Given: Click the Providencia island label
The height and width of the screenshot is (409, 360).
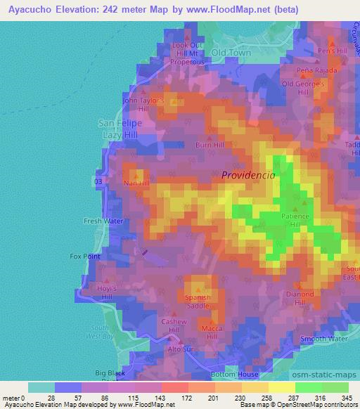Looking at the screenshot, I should pyautogui.click(x=248, y=176).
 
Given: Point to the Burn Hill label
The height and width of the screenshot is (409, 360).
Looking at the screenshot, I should pyautogui.click(x=210, y=145).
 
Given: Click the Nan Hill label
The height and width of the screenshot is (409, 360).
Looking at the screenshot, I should pyautogui.click(x=136, y=183).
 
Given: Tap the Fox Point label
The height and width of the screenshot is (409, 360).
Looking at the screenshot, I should pyautogui.click(x=85, y=256).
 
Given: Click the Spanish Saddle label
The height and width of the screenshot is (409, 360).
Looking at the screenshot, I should pyautogui.click(x=198, y=301).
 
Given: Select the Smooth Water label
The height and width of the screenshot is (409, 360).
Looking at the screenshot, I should pyautogui.click(x=324, y=339).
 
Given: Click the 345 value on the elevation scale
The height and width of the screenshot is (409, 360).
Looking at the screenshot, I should pyautogui.click(x=348, y=398).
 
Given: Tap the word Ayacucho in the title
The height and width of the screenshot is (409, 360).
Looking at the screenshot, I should pyautogui.click(x=32, y=10).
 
